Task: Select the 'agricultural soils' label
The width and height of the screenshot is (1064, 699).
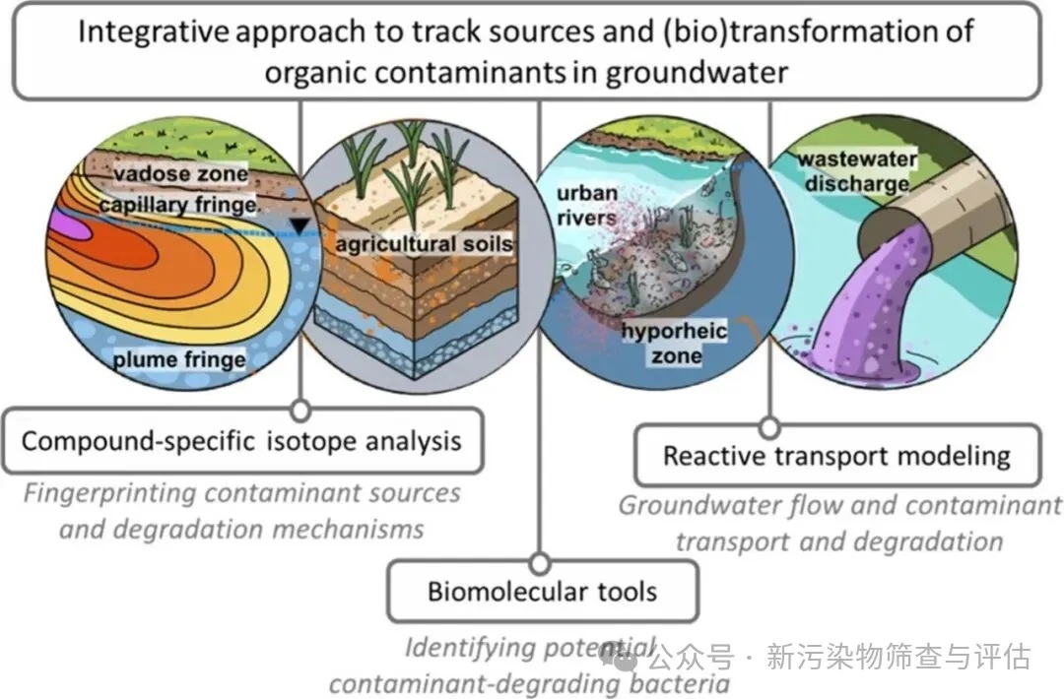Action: point(425,242)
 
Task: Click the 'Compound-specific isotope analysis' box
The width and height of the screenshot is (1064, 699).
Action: point(241,440)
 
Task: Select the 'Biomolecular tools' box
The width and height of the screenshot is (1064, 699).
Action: point(542,592)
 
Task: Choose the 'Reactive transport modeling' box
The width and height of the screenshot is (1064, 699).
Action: point(836,456)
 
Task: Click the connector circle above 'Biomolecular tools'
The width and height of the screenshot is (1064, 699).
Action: point(540,563)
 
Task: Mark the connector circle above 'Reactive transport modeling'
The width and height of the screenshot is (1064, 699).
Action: point(770,427)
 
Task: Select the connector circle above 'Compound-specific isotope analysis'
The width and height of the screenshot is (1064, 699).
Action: point(300,410)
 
